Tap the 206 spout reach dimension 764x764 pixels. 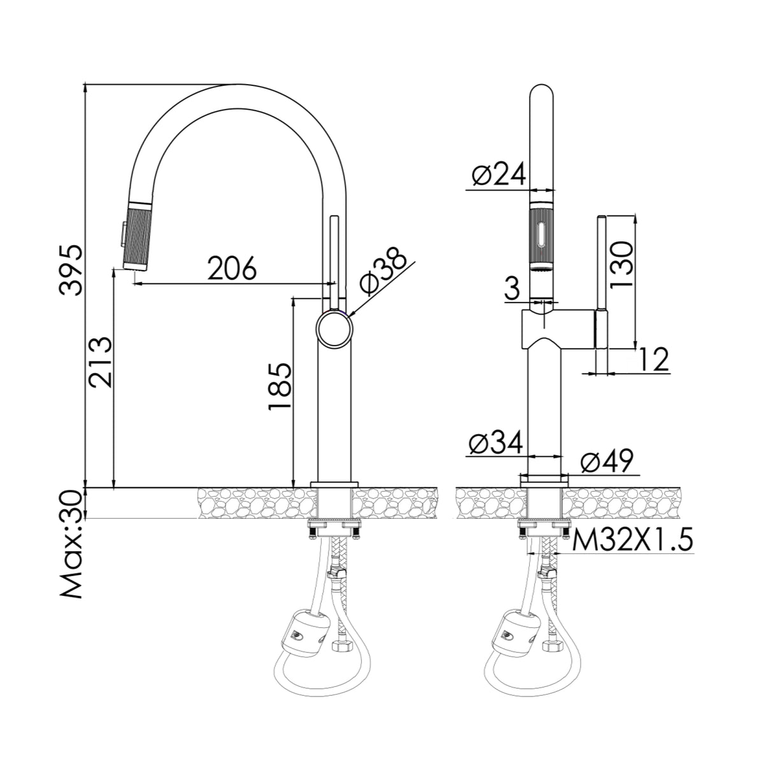[x=232, y=268]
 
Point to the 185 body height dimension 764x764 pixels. [x=280, y=386]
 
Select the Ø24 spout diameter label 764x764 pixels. [x=499, y=174]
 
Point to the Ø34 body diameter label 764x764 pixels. [x=495, y=442]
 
